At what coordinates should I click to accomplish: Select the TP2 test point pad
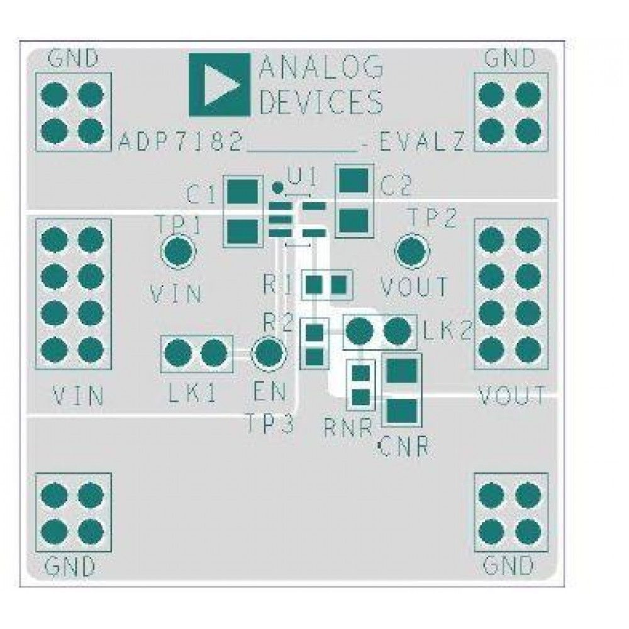tap(412, 251)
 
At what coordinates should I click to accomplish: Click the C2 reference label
tap(396, 186)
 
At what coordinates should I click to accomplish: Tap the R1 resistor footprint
tap(327, 286)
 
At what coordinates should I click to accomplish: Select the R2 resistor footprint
tap(314, 343)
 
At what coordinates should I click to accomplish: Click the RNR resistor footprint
tap(360, 385)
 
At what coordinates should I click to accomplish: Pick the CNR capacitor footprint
tap(401, 391)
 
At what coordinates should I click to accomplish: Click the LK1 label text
tap(192, 394)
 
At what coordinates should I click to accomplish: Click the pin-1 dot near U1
tap(277, 186)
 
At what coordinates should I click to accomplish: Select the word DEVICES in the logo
tap(321, 101)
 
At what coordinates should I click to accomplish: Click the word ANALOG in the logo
tap(321, 67)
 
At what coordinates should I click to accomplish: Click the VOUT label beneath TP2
tap(415, 287)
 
